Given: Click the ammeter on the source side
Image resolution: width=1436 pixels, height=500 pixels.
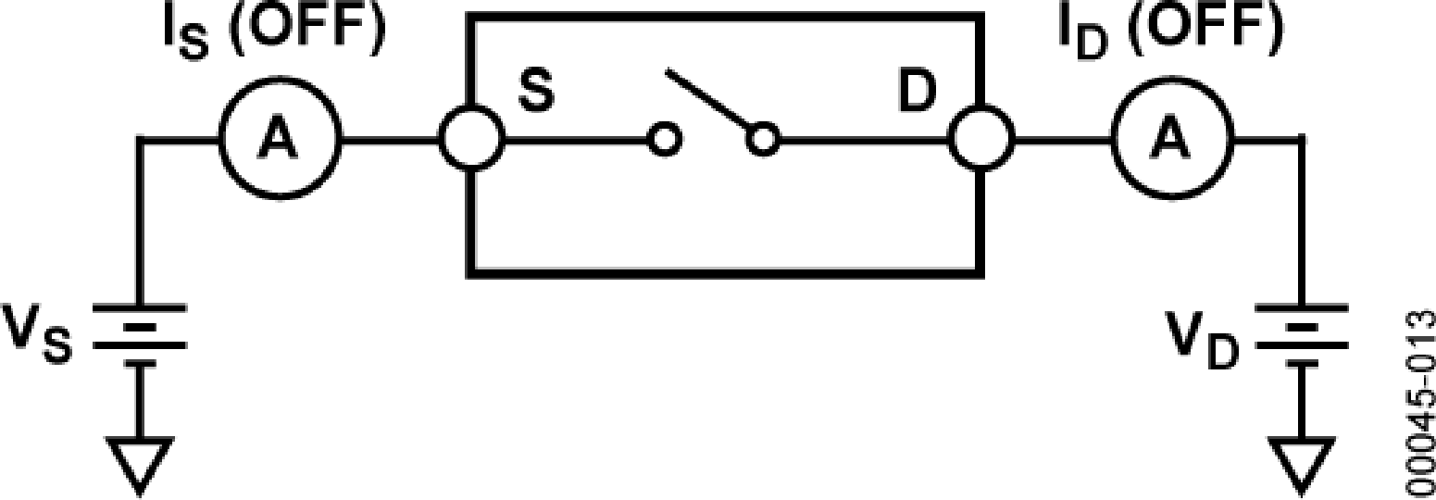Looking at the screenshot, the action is point(280,141).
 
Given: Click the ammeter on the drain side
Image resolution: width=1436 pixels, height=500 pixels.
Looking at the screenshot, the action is point(1172,141).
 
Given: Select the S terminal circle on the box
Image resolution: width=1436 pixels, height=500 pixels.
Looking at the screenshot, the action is point(472,141).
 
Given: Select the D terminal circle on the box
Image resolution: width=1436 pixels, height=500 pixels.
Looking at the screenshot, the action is point(983,141).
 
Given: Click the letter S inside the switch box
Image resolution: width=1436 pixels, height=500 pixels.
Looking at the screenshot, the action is point(536,93).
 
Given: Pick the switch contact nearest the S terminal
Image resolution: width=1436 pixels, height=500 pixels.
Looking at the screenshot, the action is point(665,141).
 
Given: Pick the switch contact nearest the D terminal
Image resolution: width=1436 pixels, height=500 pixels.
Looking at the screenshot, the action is point(763,141).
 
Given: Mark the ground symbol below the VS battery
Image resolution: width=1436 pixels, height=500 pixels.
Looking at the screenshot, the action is point(140,464).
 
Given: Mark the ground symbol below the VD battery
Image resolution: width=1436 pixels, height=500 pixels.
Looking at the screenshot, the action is point(1302,464).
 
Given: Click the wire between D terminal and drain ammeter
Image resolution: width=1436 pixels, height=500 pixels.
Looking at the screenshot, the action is point(1063,141).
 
